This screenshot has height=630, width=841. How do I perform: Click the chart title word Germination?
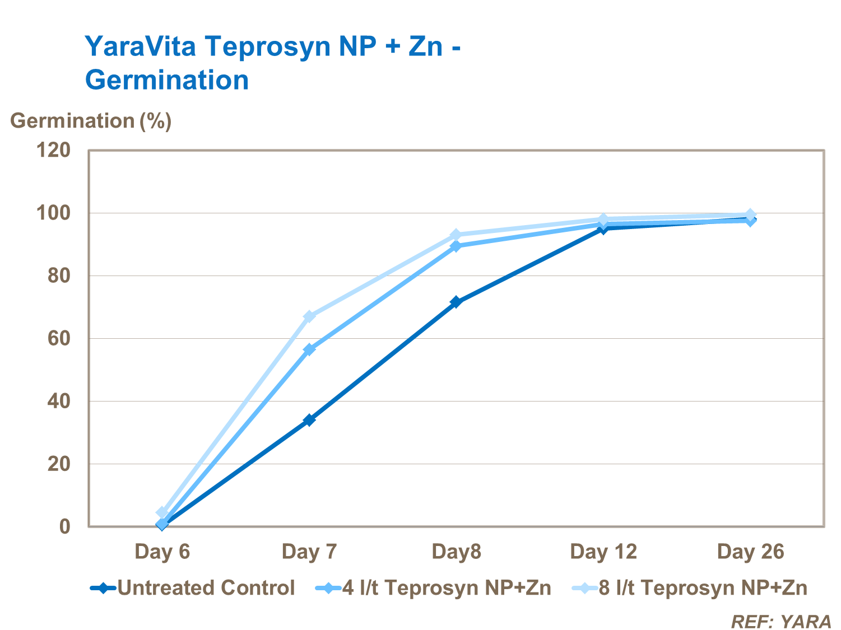[x=167, y=80]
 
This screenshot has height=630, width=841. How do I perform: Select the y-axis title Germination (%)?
[x=91, y=120]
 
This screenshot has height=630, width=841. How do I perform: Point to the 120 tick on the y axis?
[x=54, y=150]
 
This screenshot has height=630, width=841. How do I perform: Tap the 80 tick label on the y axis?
[x=59, y=276]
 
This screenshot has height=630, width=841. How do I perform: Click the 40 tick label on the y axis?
[x=59, y=401]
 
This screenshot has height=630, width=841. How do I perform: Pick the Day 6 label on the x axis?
[x=162, y=552]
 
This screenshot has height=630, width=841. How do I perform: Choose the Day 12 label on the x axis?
[x=603, y=552]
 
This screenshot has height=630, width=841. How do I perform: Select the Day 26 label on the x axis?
[x=750, y=552]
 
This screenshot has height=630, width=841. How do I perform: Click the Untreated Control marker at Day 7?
[x=309, y=420]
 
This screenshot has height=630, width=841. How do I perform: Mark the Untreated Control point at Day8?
[x=456, y=302]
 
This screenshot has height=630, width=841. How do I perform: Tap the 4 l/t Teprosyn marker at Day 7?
[x=309, y=349]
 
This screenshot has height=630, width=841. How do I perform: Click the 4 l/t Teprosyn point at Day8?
[x=456, y=246]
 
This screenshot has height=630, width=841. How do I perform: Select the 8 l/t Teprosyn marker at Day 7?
[x=309, y=317]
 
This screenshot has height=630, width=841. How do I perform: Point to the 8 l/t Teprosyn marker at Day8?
[x=456, y=235]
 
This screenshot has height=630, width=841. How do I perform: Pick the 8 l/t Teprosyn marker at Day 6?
[x=162, y=512]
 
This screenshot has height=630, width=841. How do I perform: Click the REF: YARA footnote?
[x=781, y=621]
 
